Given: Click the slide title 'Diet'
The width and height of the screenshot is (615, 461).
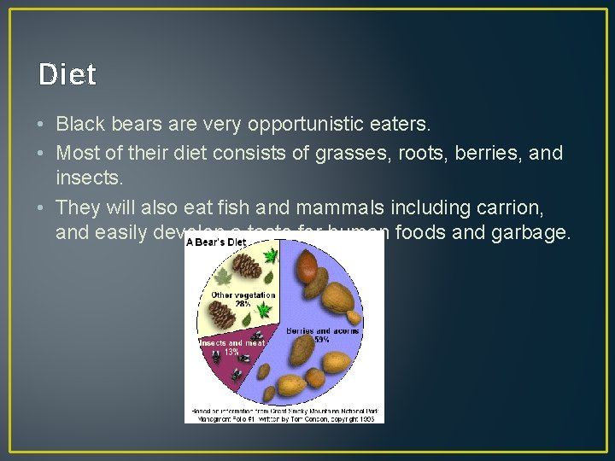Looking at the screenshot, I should (x=67, y=75).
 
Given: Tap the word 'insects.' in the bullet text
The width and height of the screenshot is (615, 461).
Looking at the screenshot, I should (x=90, y=178).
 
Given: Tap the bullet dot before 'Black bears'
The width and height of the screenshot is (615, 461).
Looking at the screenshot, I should (x=42, y=125).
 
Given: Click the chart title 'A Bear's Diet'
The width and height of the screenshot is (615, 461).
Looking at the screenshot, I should (x=216, y=242).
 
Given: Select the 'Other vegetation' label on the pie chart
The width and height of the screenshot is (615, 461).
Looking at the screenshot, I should (x=243, y=295).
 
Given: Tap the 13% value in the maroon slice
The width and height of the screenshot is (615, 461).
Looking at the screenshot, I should (x=231, y=352).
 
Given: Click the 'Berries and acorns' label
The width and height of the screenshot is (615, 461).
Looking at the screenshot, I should (x=323, y=330).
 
